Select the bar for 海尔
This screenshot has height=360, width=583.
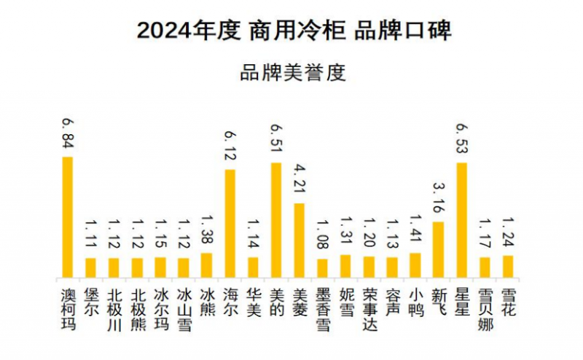[x=230, y=223]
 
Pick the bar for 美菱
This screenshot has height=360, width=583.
[x=299, y=240]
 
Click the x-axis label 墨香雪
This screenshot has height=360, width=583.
[x=322, y=309]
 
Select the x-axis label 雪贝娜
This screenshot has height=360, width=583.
[x=485, y=309]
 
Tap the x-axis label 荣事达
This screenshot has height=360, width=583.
[x=369, y=309]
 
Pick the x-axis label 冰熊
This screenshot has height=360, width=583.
[x=206, y=302]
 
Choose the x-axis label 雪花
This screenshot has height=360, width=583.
[x=508, y=302]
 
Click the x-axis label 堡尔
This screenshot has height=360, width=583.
[x=90, y=302]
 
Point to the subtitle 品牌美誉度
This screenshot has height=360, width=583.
[x=291, y=74]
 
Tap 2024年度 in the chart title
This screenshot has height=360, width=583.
[x=188, y=31]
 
